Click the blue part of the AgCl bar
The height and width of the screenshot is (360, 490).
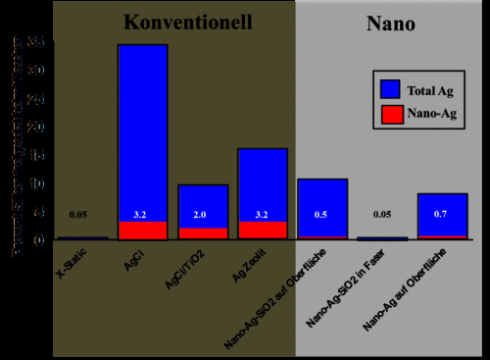click(142, 128)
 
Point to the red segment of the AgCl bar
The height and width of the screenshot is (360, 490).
click(142, 231)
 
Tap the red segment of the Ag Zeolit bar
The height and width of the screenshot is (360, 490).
click(263, 231)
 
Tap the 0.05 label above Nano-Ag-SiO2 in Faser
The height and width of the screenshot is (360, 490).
click(382, 215)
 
